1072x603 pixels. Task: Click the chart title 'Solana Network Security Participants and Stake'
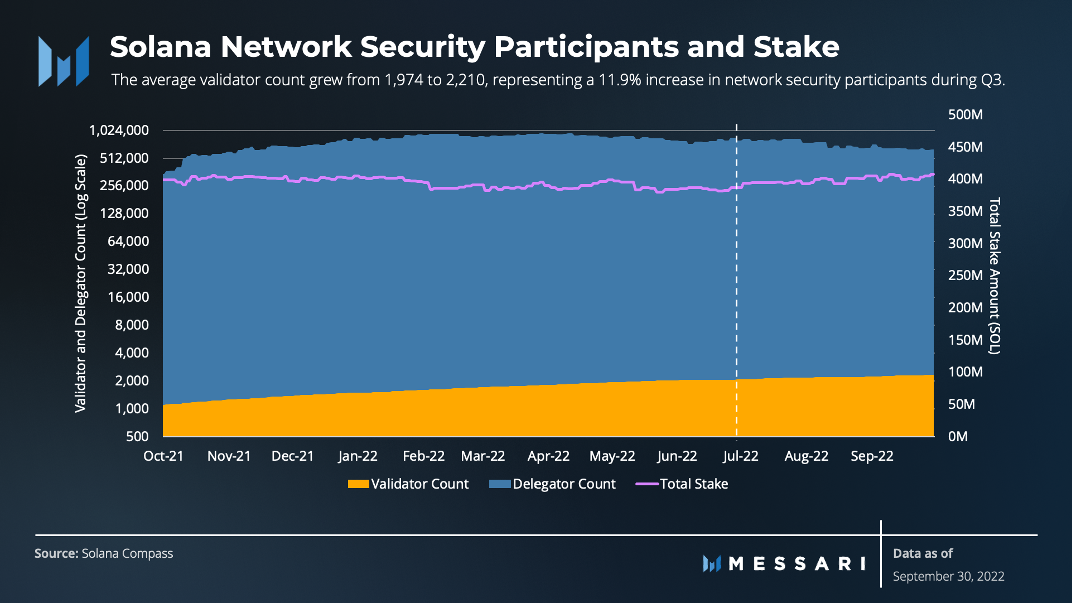(474, 47)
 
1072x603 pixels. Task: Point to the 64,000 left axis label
(128, 241)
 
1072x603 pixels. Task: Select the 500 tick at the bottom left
(137, 436)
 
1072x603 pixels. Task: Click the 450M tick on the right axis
(965, 147)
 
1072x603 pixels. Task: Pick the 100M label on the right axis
(965, 372)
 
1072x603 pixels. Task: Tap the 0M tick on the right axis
(958, 436)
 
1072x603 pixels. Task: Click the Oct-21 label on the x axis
(163, 456)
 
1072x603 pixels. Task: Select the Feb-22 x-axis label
(423, 456)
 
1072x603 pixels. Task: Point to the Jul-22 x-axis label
(740, 456)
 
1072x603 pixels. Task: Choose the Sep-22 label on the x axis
(872, 456)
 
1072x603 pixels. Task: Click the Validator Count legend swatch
(358, 484)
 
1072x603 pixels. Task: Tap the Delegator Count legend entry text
(564, 484)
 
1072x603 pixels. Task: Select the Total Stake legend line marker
(646, 484)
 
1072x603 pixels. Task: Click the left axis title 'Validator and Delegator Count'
(81, 283)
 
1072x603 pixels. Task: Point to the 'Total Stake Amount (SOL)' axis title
(994, 276)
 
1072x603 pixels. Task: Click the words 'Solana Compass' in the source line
(127, 553)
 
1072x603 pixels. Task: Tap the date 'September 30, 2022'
(948, 576)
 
